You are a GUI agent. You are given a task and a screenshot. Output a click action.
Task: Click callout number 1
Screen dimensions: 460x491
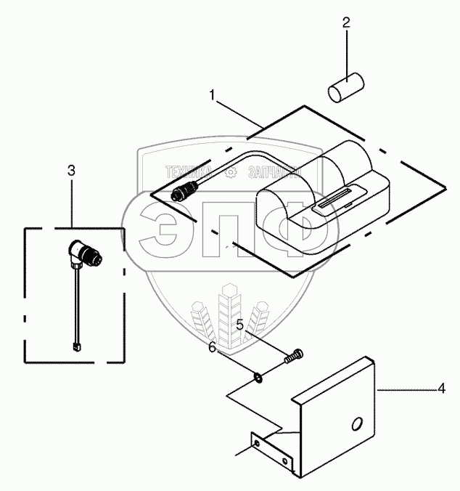click(212, 94)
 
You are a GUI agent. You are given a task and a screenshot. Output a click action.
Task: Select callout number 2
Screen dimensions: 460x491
click(346, 23)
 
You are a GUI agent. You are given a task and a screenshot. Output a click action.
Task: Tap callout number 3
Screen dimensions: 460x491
click(71, 171)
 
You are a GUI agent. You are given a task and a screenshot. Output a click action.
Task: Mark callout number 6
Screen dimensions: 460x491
click(213, 349)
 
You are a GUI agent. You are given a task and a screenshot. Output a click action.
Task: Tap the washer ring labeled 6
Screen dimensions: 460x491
click(259, 377)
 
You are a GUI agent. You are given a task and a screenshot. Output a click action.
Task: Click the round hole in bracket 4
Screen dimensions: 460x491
click(356, 424)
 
